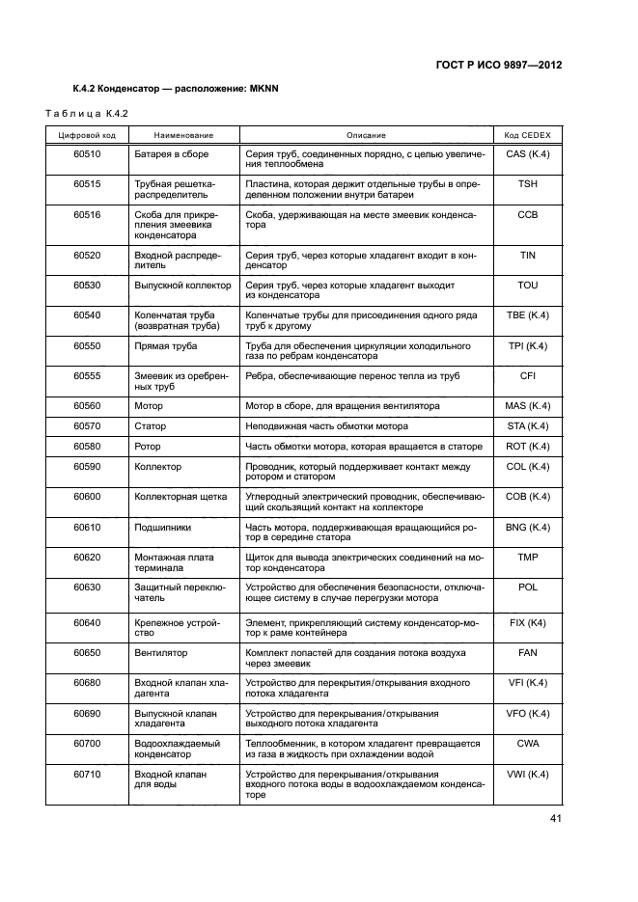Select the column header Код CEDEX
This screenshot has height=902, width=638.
click(x=527, y=135)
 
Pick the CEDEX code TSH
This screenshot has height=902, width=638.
click(x=527, y=183)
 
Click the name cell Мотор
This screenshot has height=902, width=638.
click(x=149, y=406)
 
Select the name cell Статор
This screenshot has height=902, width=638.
click(x=150, y=426)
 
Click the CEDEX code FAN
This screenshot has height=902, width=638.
click(x=527, y=653)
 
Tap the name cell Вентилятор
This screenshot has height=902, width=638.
click(x=160, y=653)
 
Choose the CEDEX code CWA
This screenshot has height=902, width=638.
click(x=527, y=744)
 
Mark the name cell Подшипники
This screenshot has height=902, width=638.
click(x=162, y=527)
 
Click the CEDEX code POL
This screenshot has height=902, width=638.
click(x=527, y=587)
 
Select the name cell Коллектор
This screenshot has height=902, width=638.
click(x=158, y=467)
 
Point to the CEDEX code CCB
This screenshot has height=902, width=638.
click(x=527, y=213)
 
